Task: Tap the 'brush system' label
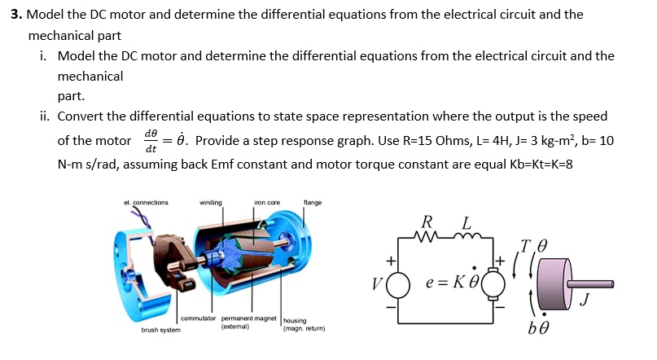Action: [x=161, y=330]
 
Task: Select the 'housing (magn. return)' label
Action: [x=303, y=325]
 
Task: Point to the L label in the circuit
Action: [x=466, y=222]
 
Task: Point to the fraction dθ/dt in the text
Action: [x=151, y=140]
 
